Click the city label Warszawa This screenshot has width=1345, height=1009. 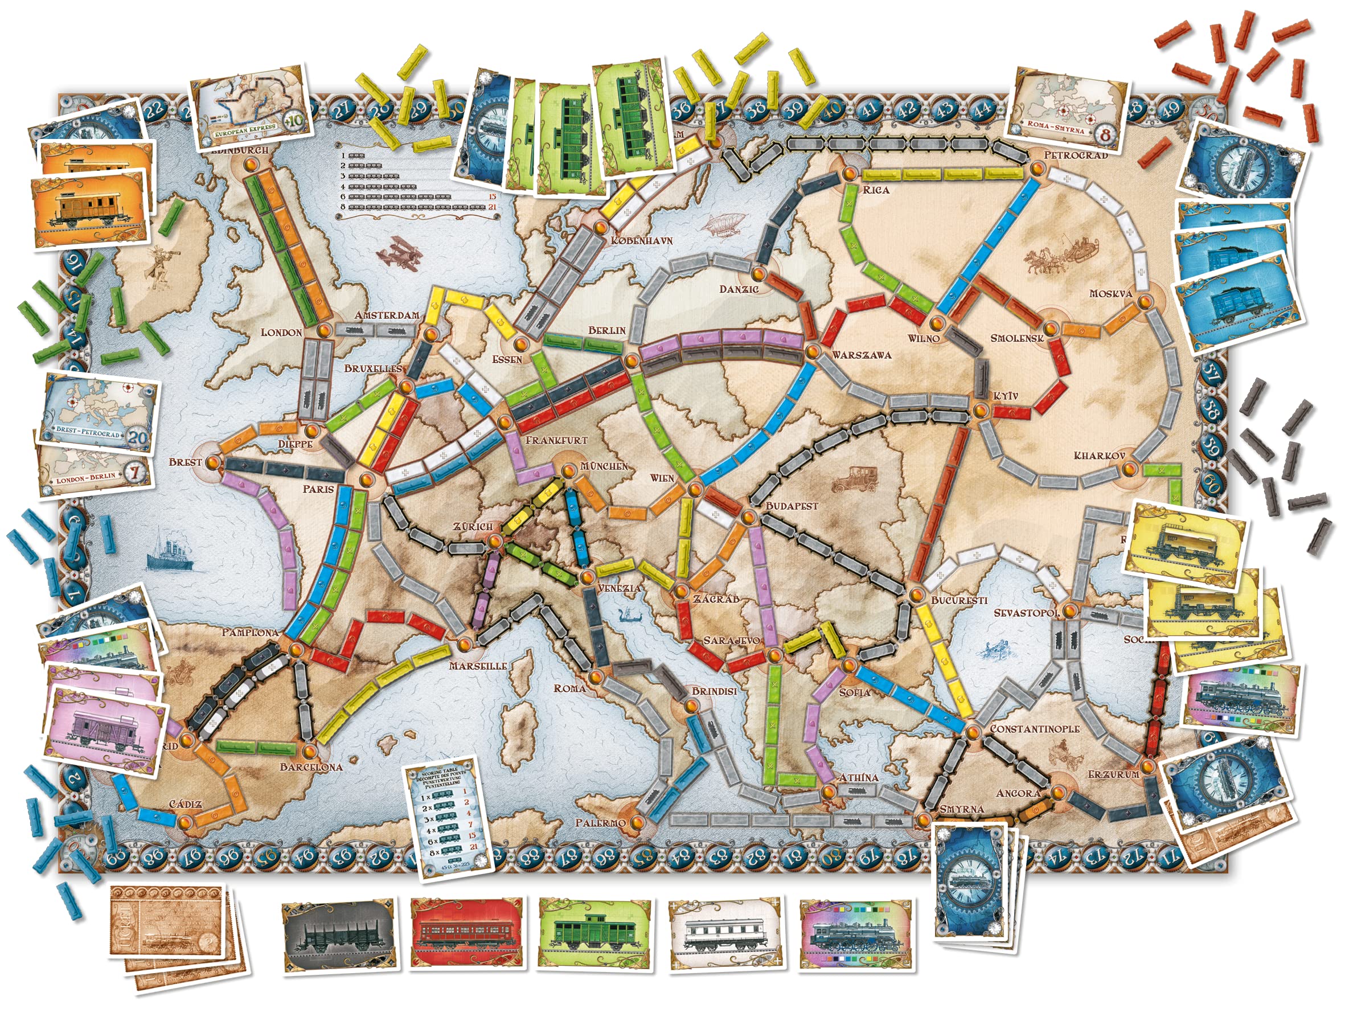[862, 355]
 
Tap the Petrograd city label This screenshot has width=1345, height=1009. [1076, 155]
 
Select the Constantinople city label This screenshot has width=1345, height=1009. [1034, 729]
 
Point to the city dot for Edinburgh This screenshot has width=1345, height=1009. [250, 165]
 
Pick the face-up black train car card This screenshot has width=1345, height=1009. [339, 937]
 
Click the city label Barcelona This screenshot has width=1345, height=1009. [311, 767]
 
